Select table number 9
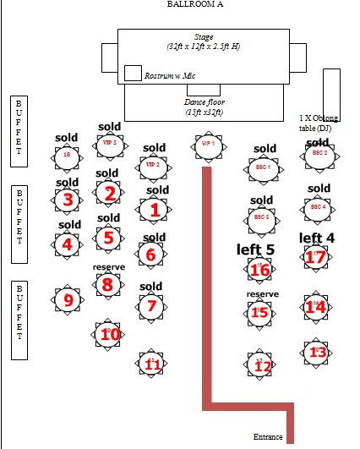click(68, 298)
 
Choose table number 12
click(263, 365)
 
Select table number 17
click(315, 257)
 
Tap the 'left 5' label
click(256, 249)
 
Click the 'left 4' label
click(317, 238)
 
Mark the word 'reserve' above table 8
click(108, 267)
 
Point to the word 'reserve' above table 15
click(262, 294)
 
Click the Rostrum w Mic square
click(133, 73)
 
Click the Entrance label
click(268, 437)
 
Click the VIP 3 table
click(109, 144)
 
